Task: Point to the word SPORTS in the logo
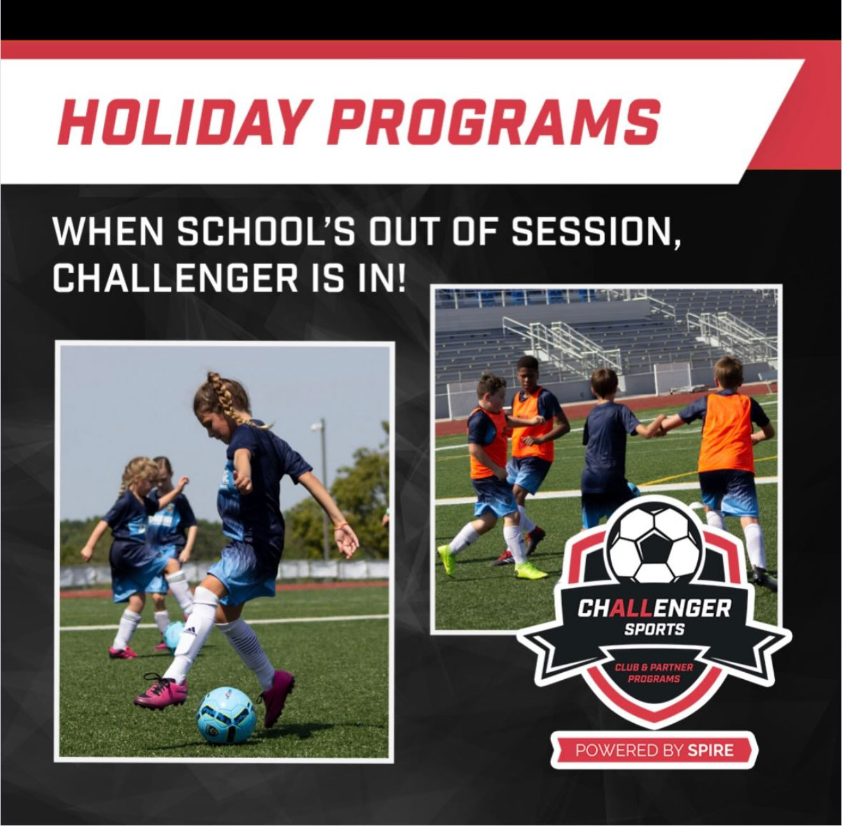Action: [x=654, y=629]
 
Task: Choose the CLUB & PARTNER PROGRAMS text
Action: [x=654, y=673]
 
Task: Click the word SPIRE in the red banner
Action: [x=711, y=751]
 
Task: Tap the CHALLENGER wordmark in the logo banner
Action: [x=654, y=609]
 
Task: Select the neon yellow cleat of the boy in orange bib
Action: [x=531, y=570]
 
